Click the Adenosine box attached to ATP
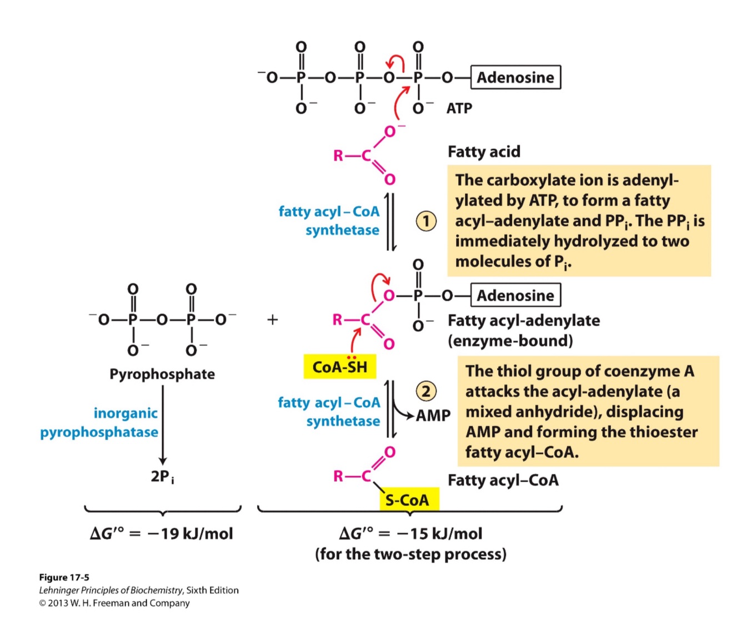tap(515, 77)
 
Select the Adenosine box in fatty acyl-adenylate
tap(515, 295)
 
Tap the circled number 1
tap(426, 221)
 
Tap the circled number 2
tap(426, 391)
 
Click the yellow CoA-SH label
tap(340, 367)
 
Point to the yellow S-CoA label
tap(408, 500)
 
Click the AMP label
tap(433, 415)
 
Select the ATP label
tap(459, 108)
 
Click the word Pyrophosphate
tap(162, 374)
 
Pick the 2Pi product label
tap(162, 477)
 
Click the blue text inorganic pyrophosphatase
tap(99, 422)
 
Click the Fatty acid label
tap(484, 151)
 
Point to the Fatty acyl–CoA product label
tap(503, 480)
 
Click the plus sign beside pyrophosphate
tap(272, 320)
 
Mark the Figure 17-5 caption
tap(64, 577)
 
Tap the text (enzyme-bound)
tap(510, 341)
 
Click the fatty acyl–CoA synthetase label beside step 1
tap(329, 220)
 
